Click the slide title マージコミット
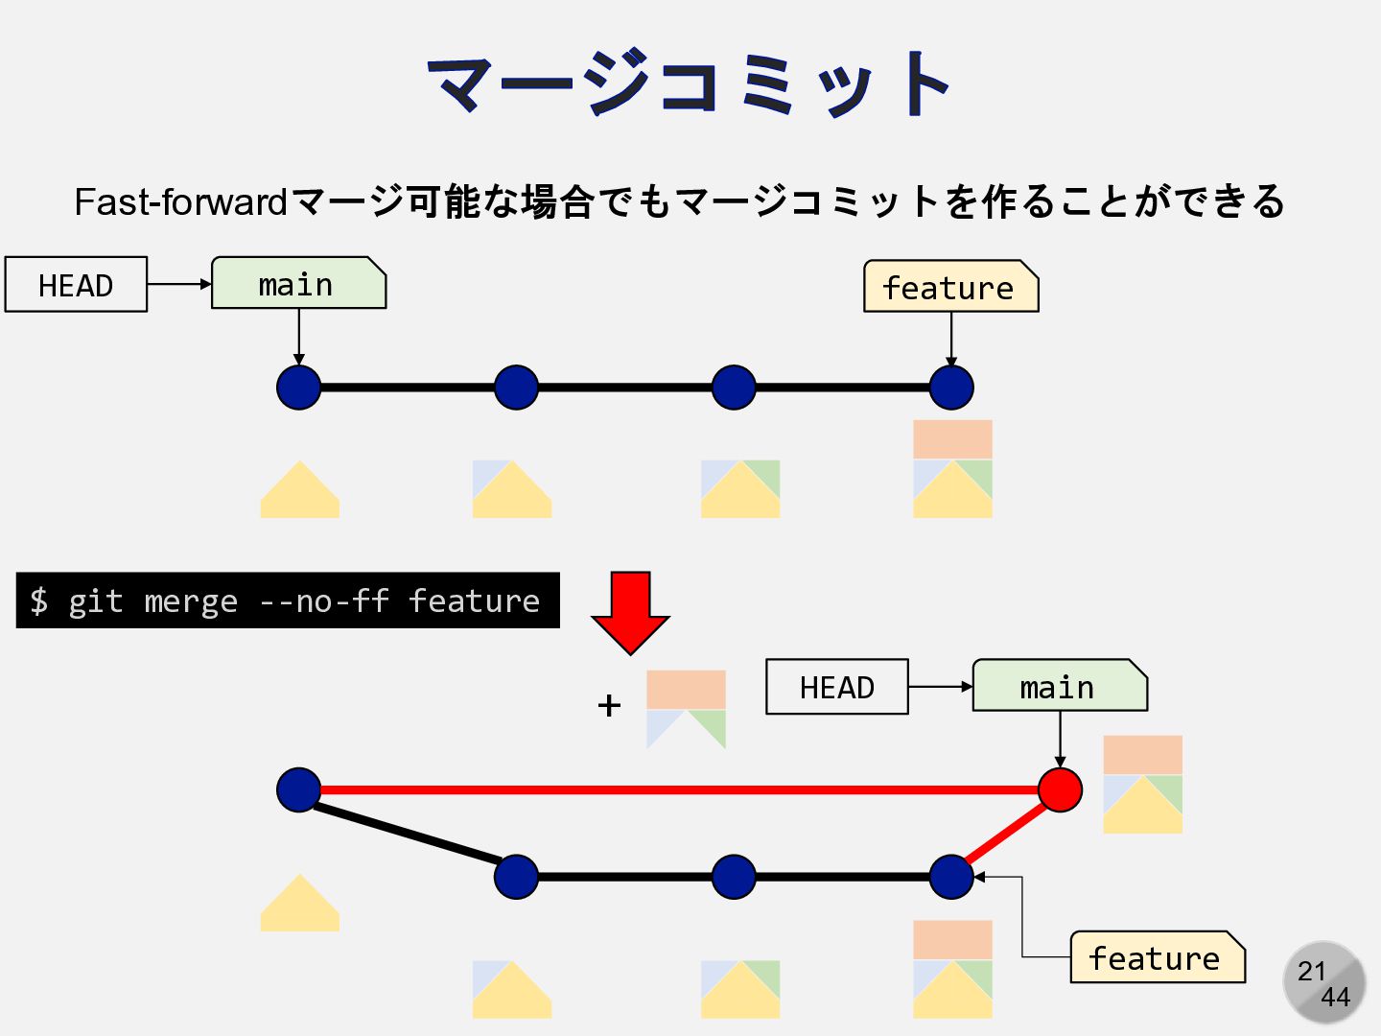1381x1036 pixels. (689, 83)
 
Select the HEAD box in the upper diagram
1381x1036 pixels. (76, 285)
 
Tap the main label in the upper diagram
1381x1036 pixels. (297, 284)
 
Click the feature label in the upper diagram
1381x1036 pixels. (949, 287)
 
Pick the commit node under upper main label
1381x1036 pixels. (298, 388)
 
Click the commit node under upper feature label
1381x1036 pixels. (951, 388)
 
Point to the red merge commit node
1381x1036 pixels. (1060, 790)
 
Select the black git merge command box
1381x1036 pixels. (288, 600)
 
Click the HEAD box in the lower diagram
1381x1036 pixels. (836, 687)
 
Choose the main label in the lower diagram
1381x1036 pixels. (1059, 687)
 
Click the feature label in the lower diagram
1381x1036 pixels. (1157, 957)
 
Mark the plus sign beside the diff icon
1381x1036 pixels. (609, 706)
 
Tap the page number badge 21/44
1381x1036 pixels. (1324, 983)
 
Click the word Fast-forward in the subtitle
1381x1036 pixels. (180, 202)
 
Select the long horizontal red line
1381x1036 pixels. (671, 790)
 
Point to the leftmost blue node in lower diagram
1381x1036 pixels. (298, 790)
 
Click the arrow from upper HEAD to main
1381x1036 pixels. (179, 284)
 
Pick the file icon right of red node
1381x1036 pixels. (1142, 784)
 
